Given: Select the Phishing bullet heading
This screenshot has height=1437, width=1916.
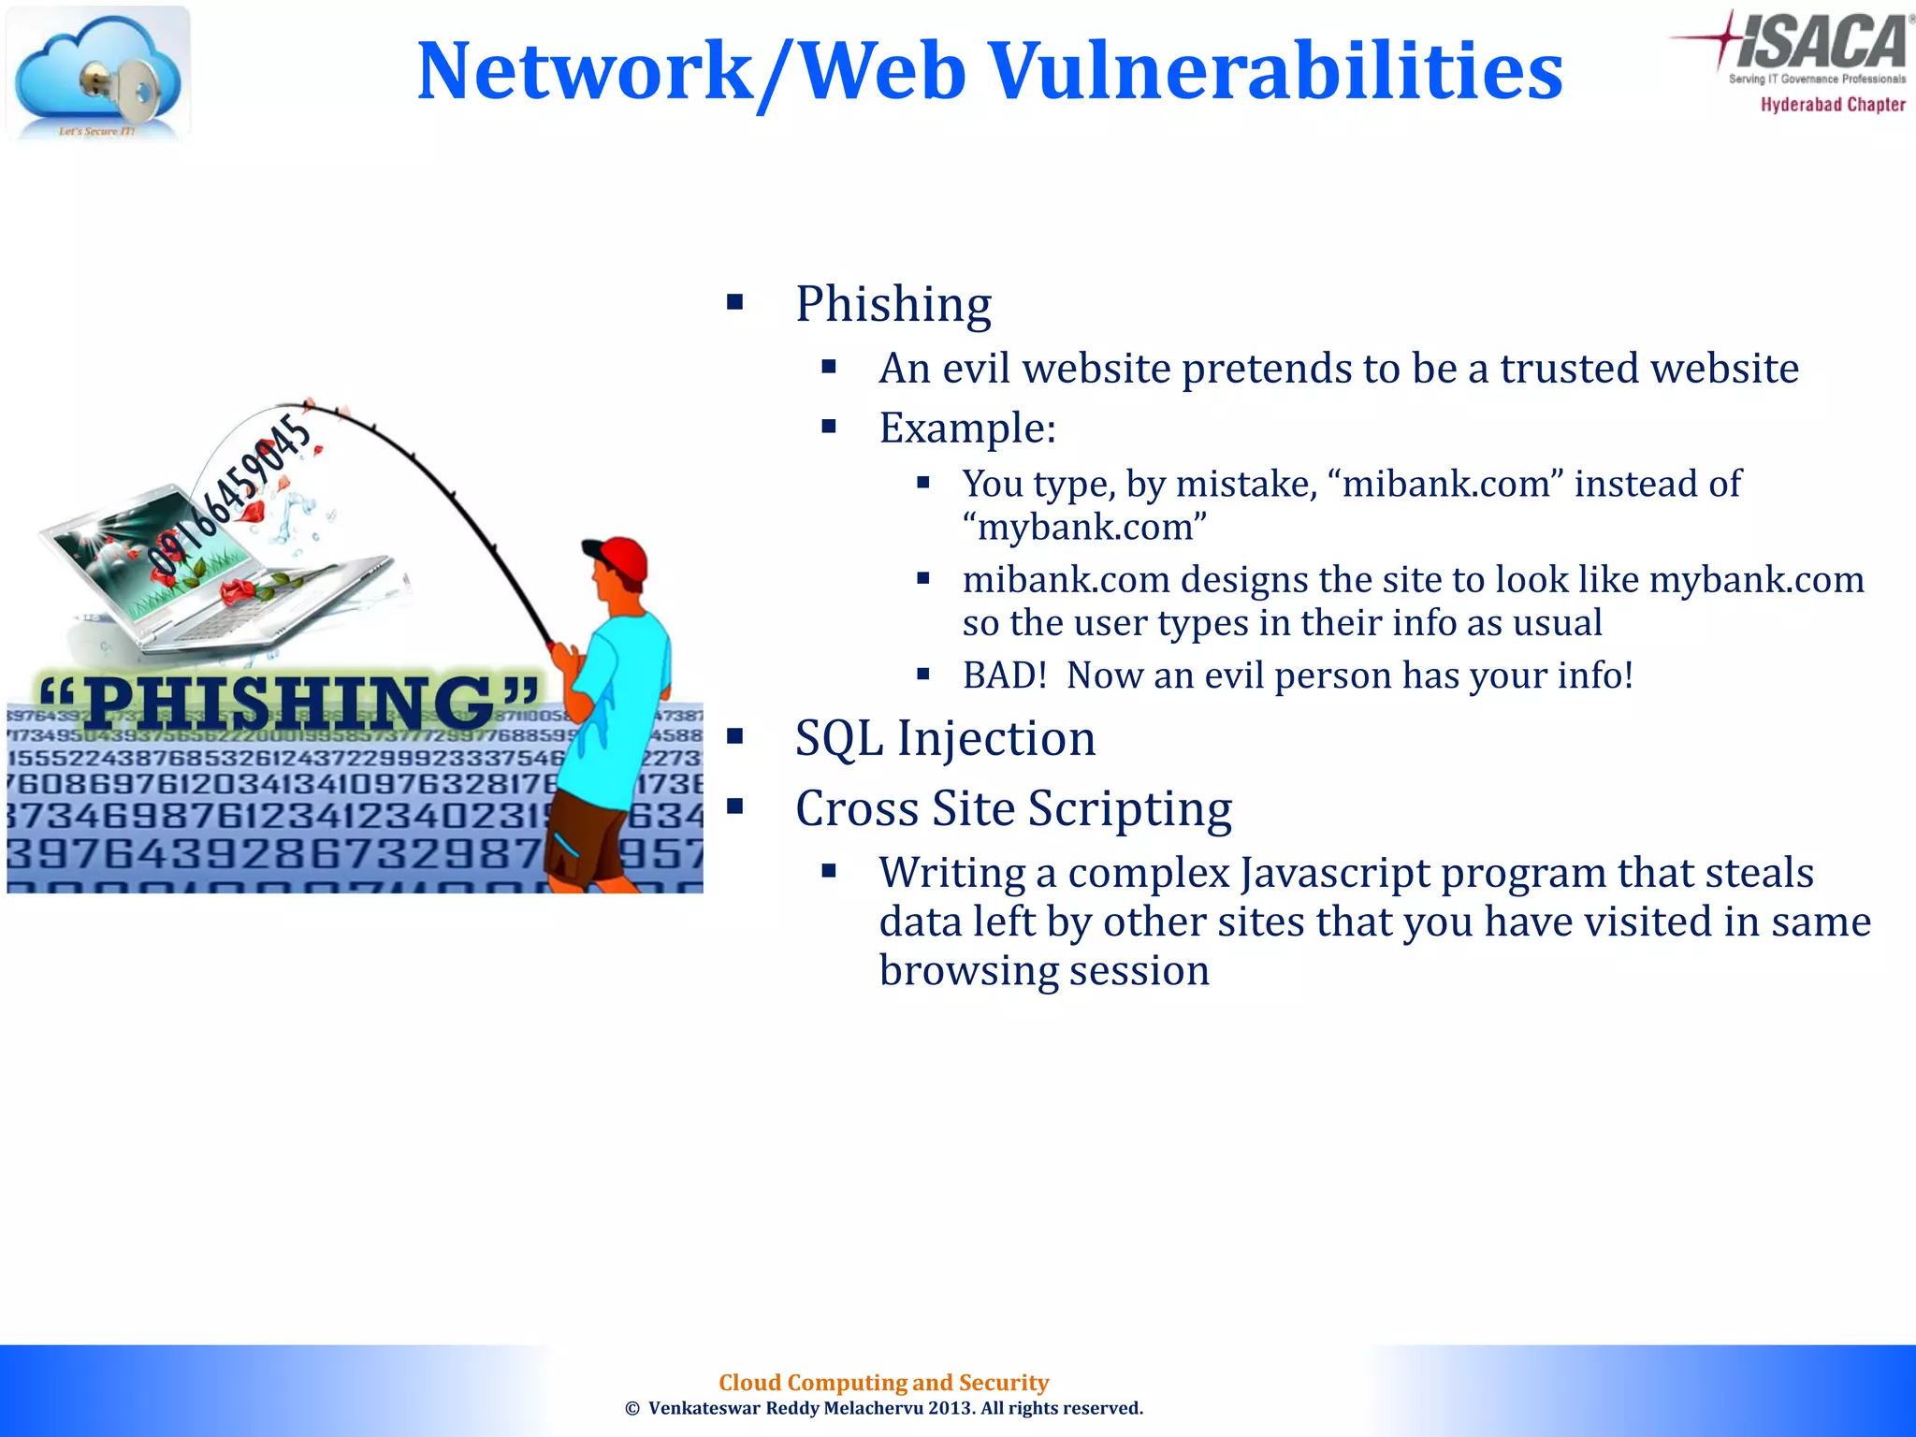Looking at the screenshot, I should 893,304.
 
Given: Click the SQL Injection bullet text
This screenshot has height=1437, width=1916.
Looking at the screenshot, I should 945,738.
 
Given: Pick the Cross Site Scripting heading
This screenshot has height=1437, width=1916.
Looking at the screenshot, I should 1013,808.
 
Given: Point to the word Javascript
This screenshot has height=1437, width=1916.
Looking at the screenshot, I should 1319,873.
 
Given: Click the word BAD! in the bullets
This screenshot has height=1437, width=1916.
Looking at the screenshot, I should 1004,675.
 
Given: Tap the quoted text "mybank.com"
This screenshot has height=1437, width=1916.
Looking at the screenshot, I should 1084,527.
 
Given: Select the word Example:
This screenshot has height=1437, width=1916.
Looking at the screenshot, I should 967,428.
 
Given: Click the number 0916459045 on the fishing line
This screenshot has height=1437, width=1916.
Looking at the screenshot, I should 230,495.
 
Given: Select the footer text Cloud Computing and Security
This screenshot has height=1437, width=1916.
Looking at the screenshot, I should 883,1383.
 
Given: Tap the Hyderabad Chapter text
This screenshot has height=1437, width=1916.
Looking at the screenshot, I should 1833,105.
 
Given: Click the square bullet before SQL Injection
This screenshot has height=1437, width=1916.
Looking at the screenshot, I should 735,736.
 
